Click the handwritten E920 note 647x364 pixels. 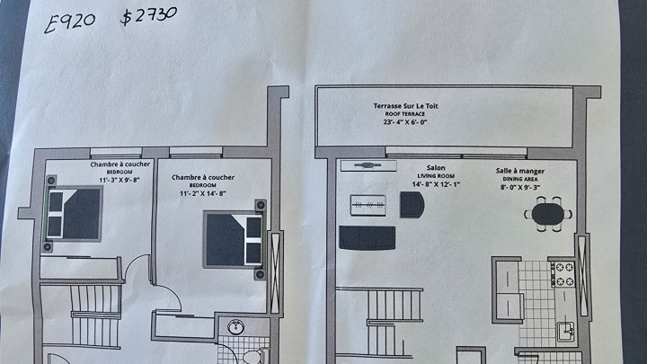[x=73, y=21]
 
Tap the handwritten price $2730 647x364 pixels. [x=148, y=15]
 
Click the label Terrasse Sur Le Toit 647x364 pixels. [x=406, y=106]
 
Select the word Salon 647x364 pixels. [x=437, y=168]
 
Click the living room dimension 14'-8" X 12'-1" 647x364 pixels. [x=437, y=184]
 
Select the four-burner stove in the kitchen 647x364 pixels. [x=563, y=274]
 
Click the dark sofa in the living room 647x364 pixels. [x=367, y=238]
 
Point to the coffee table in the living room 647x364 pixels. [x=370, y=205]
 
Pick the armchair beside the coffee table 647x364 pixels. [x=412, y=206]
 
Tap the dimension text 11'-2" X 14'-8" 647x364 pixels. [x=203, y=193]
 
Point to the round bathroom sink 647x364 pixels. [x=237, y=327]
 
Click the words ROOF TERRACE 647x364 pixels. [x=406, y=113]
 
